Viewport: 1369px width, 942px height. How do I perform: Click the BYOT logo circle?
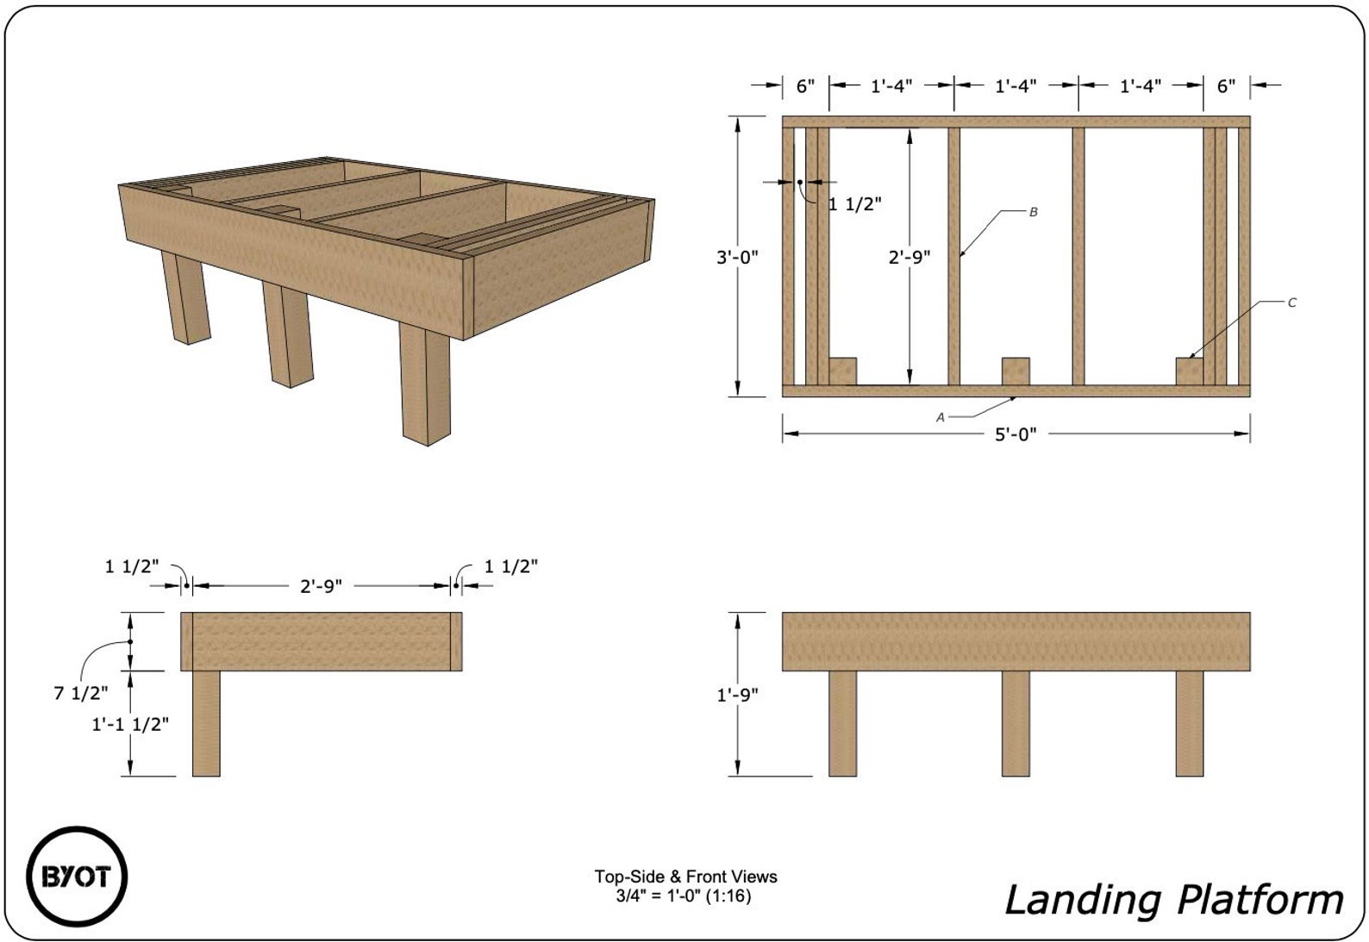[76, 877]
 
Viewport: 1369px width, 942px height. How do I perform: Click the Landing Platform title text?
[1173, 900]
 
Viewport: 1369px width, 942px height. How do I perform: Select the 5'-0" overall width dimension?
[1016, 434]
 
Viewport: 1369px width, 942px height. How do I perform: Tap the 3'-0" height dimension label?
[737, 257]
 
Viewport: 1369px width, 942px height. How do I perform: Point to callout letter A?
[941, 417]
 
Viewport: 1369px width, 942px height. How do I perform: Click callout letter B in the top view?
[1033, 212]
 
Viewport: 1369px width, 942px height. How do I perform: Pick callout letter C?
[1291, 303]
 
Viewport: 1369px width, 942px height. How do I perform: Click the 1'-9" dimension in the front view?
[737, 695]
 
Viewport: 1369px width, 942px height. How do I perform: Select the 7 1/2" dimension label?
[81, 692]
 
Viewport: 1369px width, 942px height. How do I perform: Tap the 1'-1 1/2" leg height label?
[130, 724]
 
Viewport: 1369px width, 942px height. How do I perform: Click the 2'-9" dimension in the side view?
[321, 586]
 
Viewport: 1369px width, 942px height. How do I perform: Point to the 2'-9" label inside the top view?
[910, 257]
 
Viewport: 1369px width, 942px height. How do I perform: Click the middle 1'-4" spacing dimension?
[1016, 85]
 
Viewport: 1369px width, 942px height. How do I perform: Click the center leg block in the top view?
[1016, 371]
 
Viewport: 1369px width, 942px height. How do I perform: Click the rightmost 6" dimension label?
[1226, 85]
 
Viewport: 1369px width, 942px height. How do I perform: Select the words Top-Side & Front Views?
[685, 876]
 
